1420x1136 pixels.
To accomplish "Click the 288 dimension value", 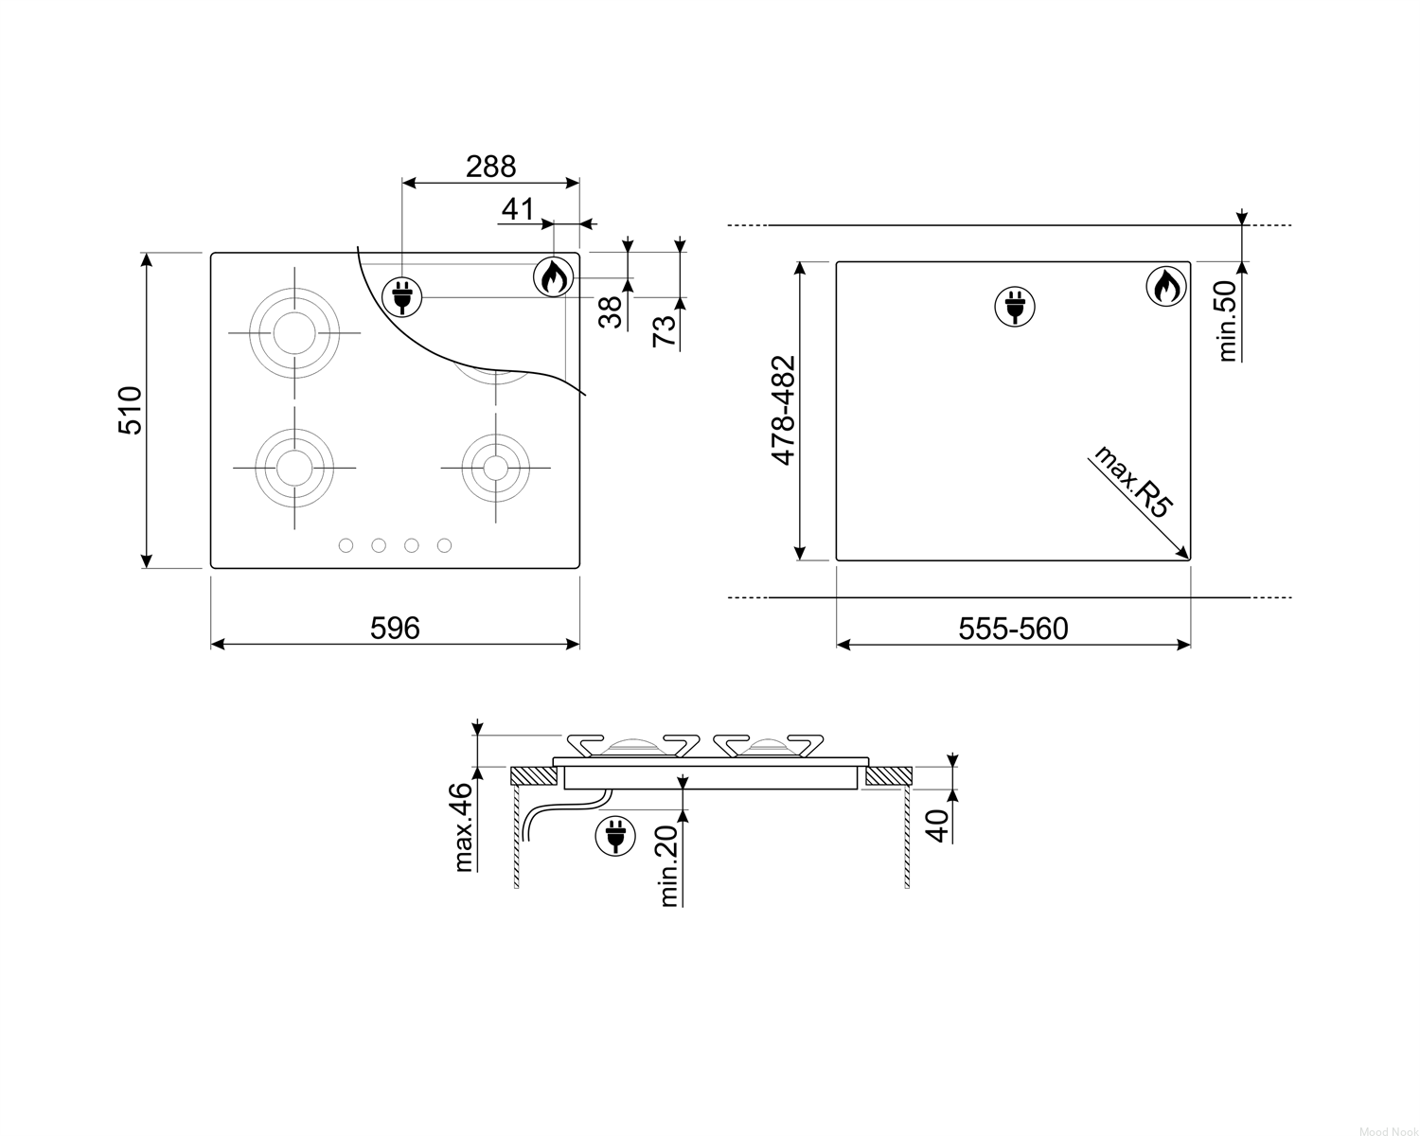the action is [490, 167].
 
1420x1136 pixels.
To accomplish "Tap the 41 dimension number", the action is [517, 209].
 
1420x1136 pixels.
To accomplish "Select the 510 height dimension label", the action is [131, 410].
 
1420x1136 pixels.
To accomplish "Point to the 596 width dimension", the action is [395, 628].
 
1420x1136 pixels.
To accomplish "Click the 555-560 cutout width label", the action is [1013, 629].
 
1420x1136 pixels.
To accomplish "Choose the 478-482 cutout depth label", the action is [784, 410].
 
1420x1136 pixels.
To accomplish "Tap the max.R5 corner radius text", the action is [1133, 481].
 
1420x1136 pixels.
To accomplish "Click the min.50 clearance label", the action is [1226, 321].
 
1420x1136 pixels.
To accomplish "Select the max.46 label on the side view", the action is [464, 827].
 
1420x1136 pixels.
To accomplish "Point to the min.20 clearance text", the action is [668, 865].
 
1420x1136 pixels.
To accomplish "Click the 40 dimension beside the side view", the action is [937, 825].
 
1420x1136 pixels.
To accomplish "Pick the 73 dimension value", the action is [665, 330].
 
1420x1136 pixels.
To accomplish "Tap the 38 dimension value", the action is [611, 312].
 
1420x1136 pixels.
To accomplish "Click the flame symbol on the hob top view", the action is [553, 277].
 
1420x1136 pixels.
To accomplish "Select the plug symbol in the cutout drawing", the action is [1015, 307].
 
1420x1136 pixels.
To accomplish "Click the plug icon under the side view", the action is [615, 836].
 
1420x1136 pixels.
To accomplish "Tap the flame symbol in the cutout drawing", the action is [1166, 287].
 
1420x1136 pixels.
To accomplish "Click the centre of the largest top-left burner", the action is [294, 332].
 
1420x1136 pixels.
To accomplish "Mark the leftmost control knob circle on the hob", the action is [346, 545].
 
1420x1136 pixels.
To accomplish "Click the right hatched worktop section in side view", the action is [888, 775].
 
